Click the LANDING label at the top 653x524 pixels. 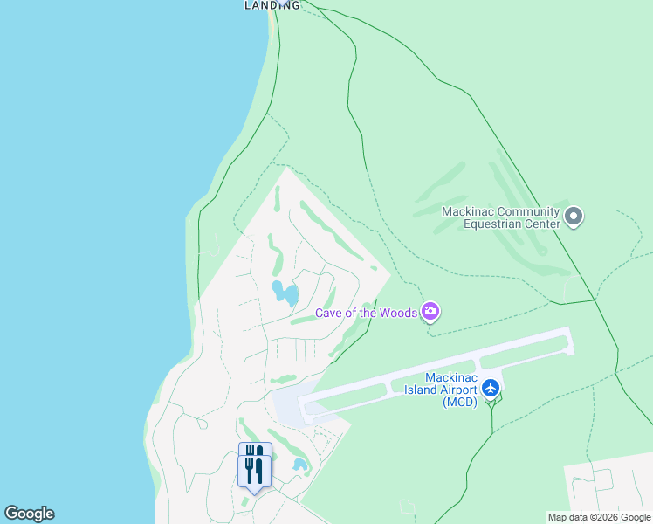point(272,5)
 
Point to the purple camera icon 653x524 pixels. point(430,311)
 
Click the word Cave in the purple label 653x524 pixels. point(331,313)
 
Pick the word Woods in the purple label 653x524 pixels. point(398,313)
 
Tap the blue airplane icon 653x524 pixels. point(491,386)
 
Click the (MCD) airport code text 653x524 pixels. point(460,402)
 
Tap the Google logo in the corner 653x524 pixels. point(29,514)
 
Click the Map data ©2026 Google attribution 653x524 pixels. point(599,517)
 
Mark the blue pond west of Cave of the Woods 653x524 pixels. point(285,293)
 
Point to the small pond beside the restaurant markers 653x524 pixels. point(300,465)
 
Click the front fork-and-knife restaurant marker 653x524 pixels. point(254,472)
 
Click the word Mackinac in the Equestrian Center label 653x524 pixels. point(468,211)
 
